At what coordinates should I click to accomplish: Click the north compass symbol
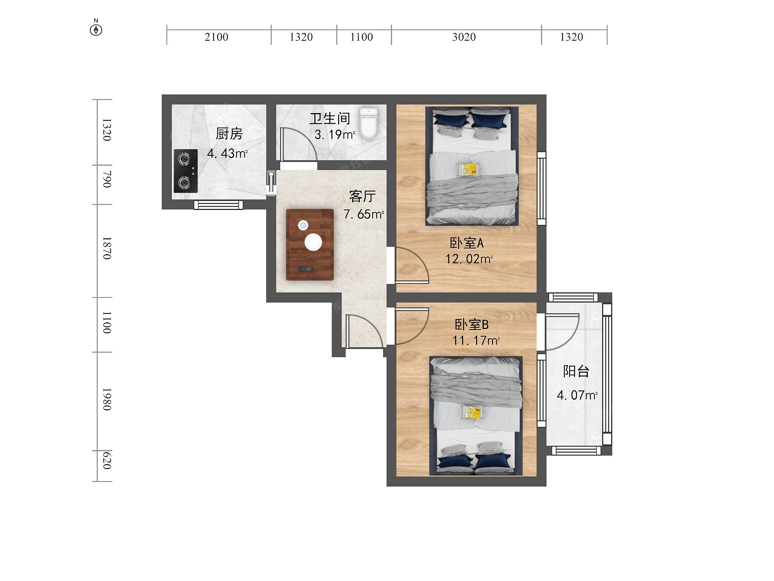(96, 29)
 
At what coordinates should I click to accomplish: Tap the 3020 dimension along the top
(464, 37)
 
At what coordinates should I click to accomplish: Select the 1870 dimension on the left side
(107, 248)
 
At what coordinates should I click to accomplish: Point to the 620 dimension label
(107, 461)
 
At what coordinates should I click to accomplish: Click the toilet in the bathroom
(368, 123)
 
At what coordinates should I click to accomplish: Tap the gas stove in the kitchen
(186, 171)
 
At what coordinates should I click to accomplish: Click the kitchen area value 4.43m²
(228, 153)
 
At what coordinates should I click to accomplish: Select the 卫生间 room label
(330, 119)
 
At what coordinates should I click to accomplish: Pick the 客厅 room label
(362, 196)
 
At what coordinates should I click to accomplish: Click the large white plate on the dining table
(313, 242)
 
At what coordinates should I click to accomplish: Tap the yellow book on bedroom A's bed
(469, 169)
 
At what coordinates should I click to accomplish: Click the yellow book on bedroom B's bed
(473, 412)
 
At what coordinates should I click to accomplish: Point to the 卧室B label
(471, 325)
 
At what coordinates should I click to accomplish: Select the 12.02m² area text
(469, 259)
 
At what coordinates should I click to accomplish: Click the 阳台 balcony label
(576, 371)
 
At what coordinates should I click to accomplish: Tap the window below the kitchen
(219, 205)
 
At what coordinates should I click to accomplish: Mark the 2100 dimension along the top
(216, 37)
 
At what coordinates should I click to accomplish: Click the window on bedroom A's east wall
(541, 189)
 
